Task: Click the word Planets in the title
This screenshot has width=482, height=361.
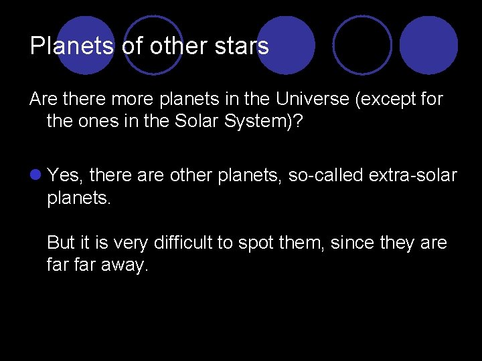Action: click(73, 46)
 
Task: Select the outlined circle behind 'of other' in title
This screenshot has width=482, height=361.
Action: click(153, 43)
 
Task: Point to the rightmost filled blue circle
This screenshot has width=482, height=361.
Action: click(428, 45)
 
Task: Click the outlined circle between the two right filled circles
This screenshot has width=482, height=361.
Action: click(362, 45)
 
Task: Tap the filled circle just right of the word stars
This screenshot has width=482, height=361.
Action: click(285, 45)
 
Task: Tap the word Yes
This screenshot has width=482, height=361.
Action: click(64, 176)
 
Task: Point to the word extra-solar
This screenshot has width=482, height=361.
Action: click(410, 176)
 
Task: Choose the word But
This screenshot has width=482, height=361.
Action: click(61, 243)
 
